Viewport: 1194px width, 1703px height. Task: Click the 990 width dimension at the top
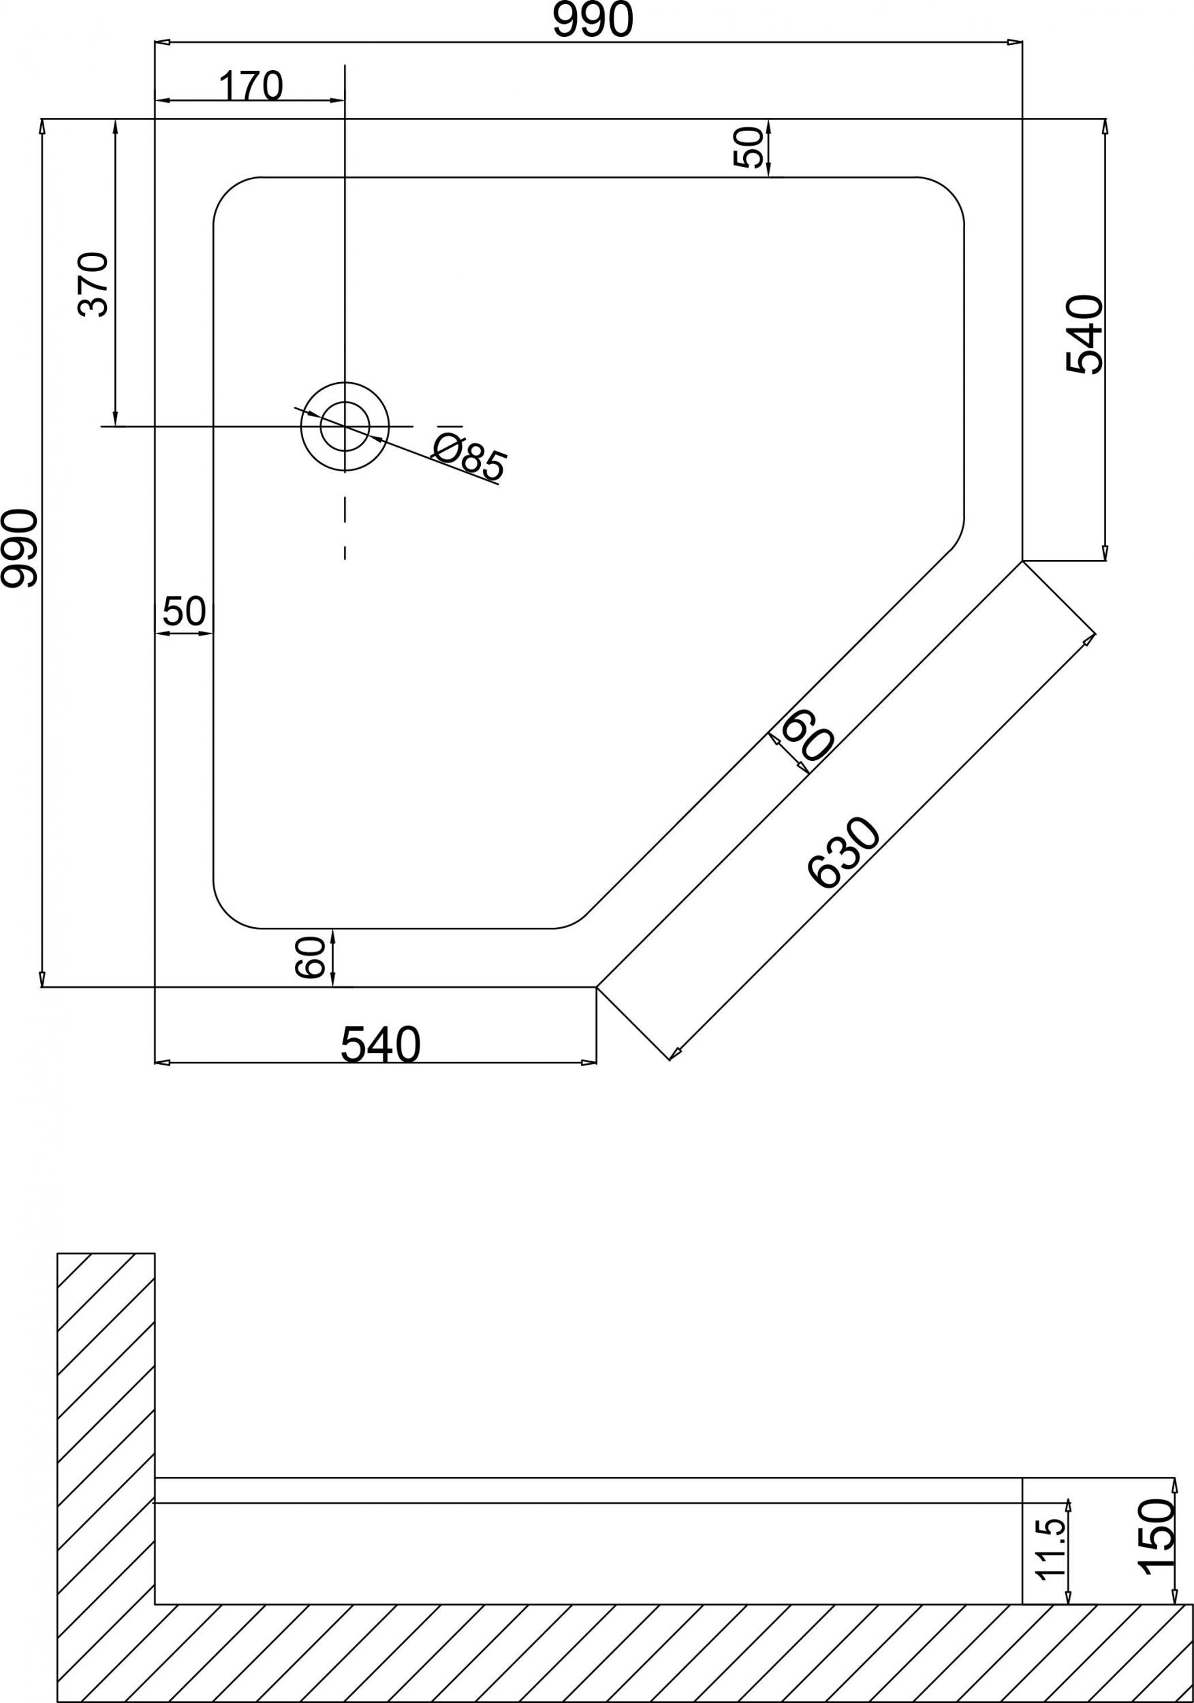pyautogui.click(x=593, y=20)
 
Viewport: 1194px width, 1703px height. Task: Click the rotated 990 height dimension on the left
pyautogui.click(x=19, y=548)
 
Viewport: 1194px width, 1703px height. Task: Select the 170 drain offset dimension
pyautogui.click(x=251, y=86)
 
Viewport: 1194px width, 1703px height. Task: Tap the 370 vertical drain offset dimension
pyautogui.click(x=93, y=285)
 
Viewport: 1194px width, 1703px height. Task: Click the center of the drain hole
pyautogui.click(x=345, y=426)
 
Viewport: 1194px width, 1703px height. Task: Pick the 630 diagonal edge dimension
pyautogui.click(x=843, y=852)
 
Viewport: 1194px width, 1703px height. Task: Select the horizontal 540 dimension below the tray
pyautogui.click(x=381, y=1045)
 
